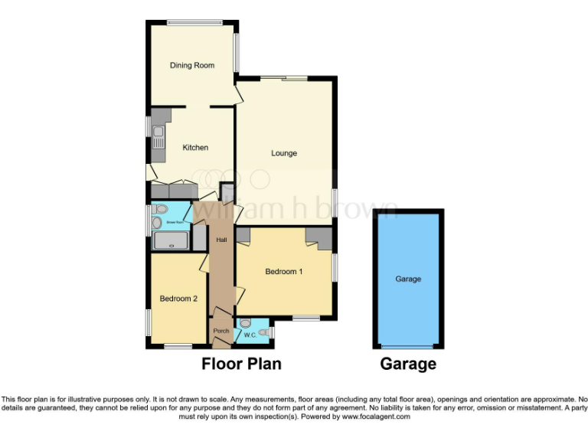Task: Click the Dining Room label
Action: pos(191,66)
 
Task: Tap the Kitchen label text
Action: pos(194,148)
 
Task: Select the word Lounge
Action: pos(283,153)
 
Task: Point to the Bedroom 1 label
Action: pos(284,272)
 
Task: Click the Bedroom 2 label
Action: pos(178,299)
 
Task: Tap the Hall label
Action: pos(221,240)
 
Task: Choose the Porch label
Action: pos(220,332)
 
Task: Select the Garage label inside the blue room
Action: pos(408,279)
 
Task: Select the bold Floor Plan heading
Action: pos(241,364)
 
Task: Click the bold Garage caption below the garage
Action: pos(408,364)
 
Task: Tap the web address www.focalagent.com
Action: pos(375,417)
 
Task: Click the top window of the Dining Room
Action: pos(191,21)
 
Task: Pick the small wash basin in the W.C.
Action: pos(264,332)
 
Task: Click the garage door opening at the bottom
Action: pos(408,347)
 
